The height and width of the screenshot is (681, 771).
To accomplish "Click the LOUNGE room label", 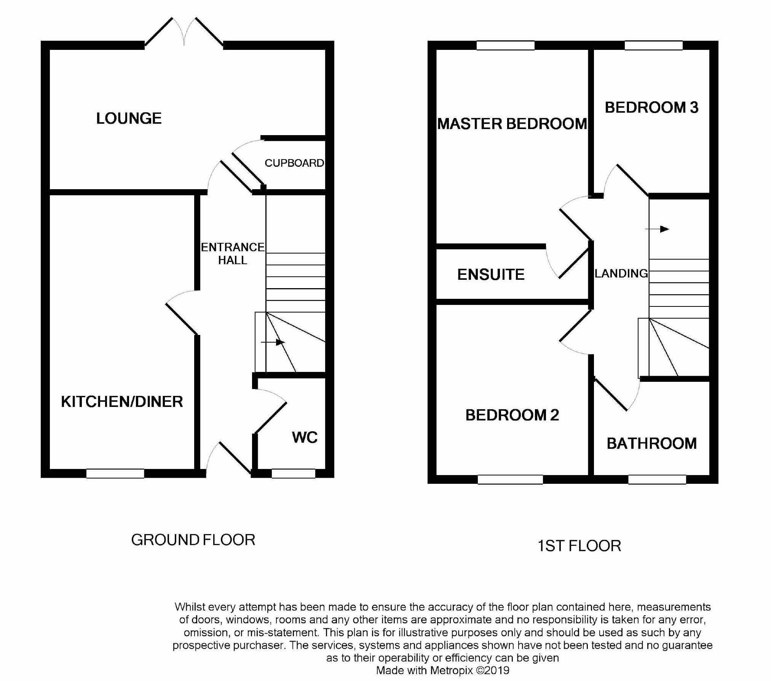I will pos(129,118).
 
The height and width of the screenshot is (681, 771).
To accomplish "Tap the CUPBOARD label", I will pos(294,163).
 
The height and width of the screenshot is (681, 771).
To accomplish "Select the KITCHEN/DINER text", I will pos(122,402).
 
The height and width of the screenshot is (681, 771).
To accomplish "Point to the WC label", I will pos(305,437).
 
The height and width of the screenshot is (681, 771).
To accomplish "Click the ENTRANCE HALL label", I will pos(232,254).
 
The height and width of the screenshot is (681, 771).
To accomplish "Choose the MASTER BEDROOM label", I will pos(512,124).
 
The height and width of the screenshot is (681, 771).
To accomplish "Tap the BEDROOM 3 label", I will pos(651,107).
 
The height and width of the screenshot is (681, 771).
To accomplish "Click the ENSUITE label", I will pos(491,274).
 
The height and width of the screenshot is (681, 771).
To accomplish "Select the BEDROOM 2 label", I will pos(512,415).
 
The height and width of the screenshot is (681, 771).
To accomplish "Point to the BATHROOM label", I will pos(651,443).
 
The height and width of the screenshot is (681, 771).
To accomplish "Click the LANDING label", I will pos(621,273).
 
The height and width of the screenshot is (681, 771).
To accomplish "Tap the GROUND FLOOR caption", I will pos(193,540).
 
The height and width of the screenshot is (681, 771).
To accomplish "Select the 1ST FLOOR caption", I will pos(579,546).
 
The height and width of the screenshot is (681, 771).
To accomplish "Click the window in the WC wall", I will pos(293,474).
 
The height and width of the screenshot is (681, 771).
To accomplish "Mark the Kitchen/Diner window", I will pos(115,474).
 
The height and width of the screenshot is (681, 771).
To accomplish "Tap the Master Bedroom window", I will pos(505,46).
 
